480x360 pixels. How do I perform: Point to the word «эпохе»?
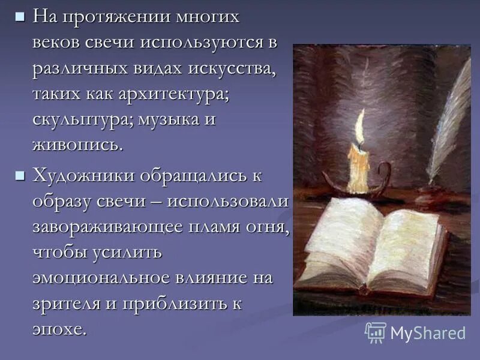[59, 329]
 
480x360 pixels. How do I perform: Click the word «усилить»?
[127, 252]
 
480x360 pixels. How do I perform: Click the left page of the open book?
[339, 240]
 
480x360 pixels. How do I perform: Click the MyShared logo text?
[428, 333]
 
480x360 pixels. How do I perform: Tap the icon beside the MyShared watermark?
[376, 332]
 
